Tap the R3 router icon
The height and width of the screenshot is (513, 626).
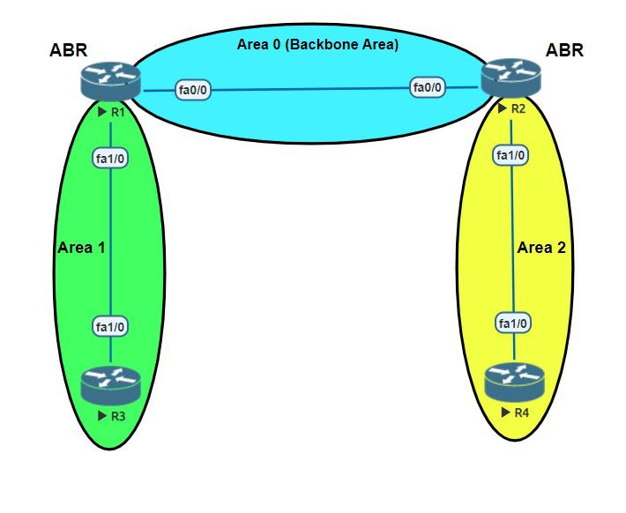[110, 385]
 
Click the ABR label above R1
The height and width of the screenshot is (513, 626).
[68, 50]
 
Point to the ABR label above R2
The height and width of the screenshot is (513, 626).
[564, 50]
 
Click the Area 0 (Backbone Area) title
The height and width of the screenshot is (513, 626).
[317, 44]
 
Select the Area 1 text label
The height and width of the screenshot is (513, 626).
[81, 248]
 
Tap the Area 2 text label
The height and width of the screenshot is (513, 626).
[541, 248]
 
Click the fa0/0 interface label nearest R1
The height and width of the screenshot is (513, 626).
[193, 90]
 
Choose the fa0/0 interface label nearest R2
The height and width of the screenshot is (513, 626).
[429, 87]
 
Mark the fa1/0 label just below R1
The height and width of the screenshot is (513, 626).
[111, 159]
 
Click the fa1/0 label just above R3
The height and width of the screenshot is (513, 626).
[111, 327]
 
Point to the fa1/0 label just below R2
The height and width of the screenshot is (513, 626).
[511, 156]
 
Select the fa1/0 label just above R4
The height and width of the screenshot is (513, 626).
[513, 323]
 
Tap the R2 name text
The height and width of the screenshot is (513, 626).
[518, 109]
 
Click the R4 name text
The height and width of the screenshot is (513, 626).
[520, 413]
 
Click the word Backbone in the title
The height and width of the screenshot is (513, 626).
[318, 44]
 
